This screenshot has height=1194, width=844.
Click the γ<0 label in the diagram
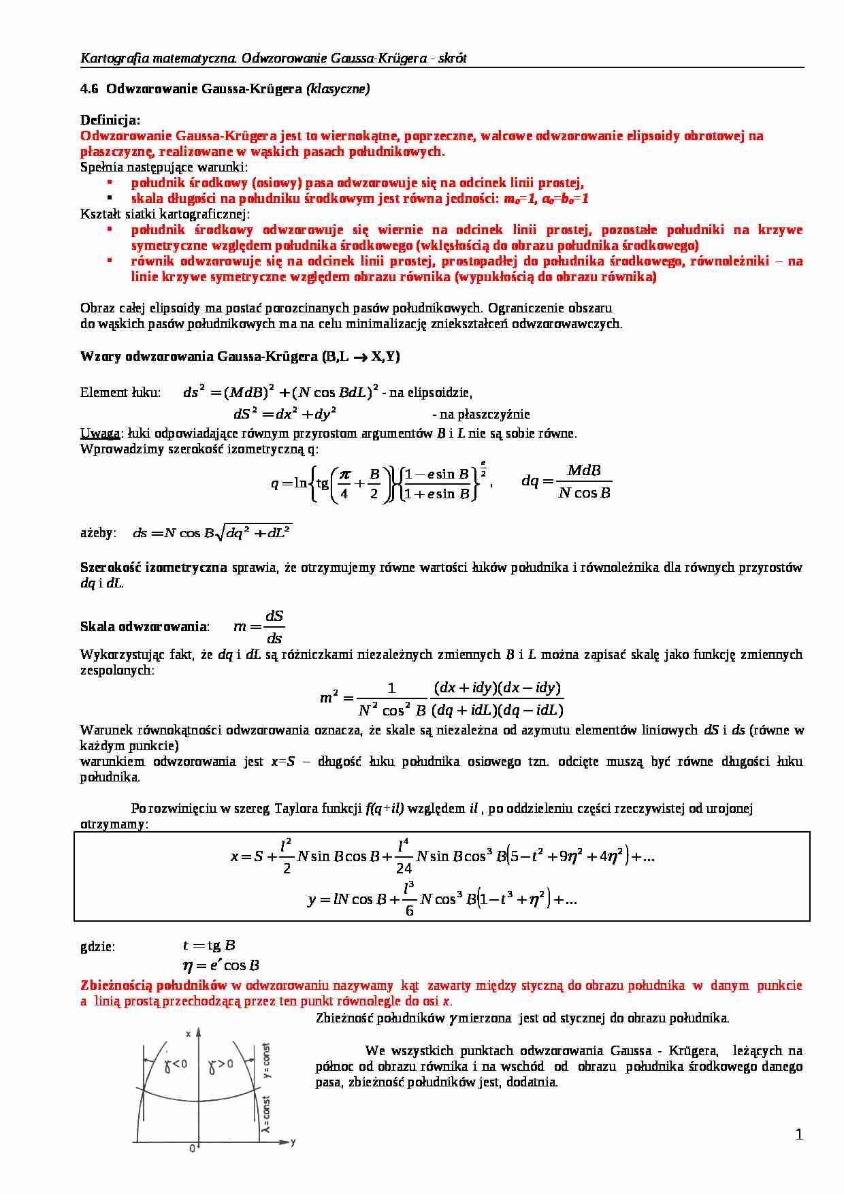tap(176, 1064)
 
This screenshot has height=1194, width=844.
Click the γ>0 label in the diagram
tap(221, 1064)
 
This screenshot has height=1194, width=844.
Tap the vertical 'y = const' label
tap(266, 1061)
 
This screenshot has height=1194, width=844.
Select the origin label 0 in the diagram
tap(193, 1148)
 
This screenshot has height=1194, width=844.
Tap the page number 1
tap(799, 1135)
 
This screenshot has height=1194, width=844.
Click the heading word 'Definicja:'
tap(110, 120)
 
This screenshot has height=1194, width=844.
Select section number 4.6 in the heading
tap(89, 88)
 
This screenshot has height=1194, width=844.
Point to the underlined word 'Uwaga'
tap(100, 433)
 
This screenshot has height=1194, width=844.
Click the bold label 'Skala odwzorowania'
tap(143, 626)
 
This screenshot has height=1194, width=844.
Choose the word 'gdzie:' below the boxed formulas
tap(98, 946)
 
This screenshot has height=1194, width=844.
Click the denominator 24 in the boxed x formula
tap(404, 868)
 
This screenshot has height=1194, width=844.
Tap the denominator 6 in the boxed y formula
tap(409, 910)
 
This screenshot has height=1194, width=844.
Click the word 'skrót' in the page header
tap(453, 59)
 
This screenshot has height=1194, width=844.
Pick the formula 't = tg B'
tap(209, 946)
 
